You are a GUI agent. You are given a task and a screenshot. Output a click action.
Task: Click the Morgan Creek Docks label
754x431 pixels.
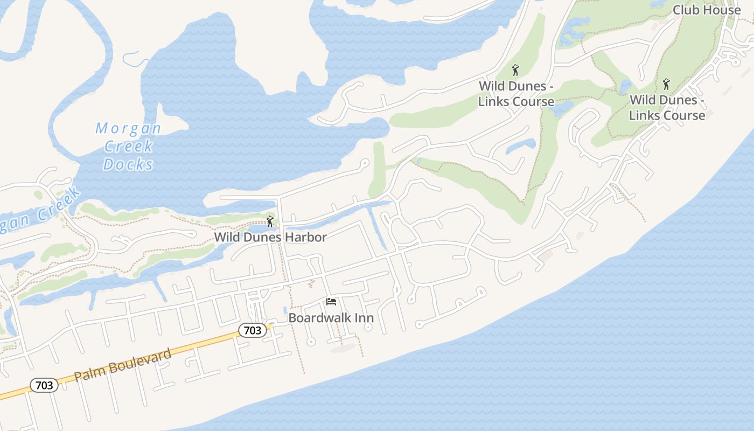pyautogui.click(x=128, y=146)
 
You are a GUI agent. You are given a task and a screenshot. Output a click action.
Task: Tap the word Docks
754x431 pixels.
pyautogui.click(x=128, y=164)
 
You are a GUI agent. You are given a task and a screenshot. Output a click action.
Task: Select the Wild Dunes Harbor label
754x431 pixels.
pyautogui.click(x=270, y=237)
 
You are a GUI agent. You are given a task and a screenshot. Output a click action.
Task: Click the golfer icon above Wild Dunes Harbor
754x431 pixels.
pyautogui.click(x=270, y=221)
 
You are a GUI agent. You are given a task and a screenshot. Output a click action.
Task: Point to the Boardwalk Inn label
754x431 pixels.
pyautogui.click(x=331, y=317)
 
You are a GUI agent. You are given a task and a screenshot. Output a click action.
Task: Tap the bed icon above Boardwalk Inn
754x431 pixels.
pyautogui.click(x=331, y=302)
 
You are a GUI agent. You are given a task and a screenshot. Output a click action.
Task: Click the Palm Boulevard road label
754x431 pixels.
pyautogui.click(x=123, y=365)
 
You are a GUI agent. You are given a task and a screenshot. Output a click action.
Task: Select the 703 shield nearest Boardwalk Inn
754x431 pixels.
pyautogui.click(x=252, y=330)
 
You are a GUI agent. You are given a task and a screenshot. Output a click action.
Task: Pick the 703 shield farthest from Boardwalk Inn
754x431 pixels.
pyautogui.click(x=44, y=385)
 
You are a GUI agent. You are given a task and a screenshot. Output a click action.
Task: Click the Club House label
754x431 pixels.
pyautogui.click(x=707, y=10)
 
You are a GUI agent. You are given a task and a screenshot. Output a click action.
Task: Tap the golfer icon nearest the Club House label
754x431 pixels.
pyautogui.click(x=666, y=84)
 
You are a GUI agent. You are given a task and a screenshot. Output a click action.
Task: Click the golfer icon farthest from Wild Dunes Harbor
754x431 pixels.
pyautogui.click(x=666, y=84)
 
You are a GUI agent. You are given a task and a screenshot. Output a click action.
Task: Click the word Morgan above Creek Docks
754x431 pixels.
pyautogui.click(x=128, y=128)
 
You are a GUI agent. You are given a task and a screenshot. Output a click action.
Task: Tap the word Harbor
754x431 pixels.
pyautogui.click(x=306, y=237)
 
